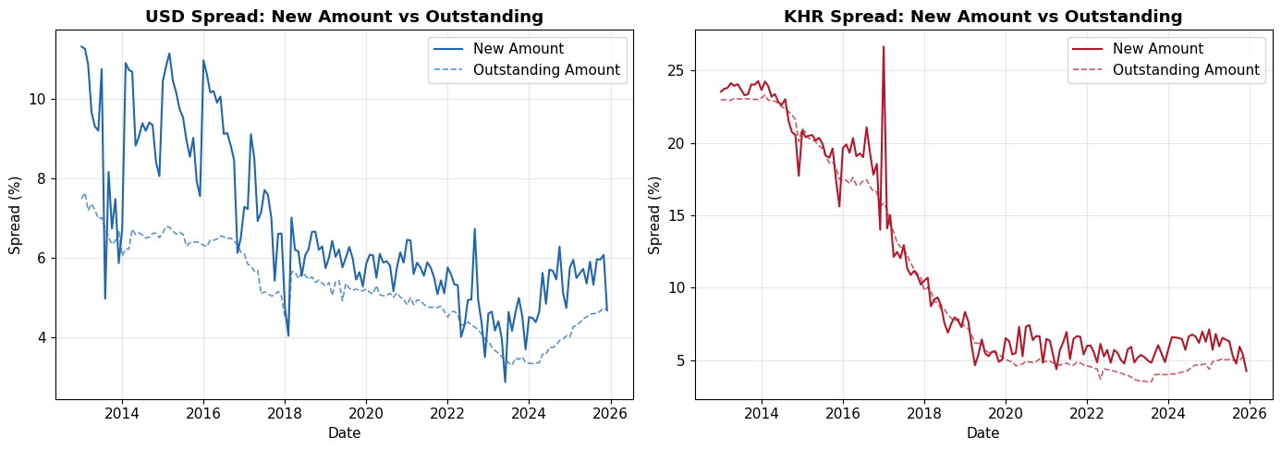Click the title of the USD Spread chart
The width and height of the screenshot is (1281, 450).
click(x=344, y=16)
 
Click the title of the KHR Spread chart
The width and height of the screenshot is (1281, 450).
click(x=983, y=16)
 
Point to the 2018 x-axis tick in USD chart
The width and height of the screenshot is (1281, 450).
click(x=285, y=412)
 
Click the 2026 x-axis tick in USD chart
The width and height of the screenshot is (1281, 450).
click(x=609, y=412)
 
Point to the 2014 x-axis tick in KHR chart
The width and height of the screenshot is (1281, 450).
click(x=762, y=412)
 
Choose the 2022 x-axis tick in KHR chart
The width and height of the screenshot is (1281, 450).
click(x=1087, y=412)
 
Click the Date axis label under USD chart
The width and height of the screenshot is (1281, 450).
click(x=344, y=432)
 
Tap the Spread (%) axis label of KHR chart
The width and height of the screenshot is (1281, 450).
click(x=654, y=215)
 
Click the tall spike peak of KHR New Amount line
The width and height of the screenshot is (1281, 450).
click(x=883, y=46)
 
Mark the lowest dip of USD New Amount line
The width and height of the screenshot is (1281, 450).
click(x=505, y=382)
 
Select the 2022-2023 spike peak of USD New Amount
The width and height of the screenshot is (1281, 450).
click(x=474, y=229)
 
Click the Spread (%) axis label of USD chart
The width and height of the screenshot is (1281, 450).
click(x=15, y=215)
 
